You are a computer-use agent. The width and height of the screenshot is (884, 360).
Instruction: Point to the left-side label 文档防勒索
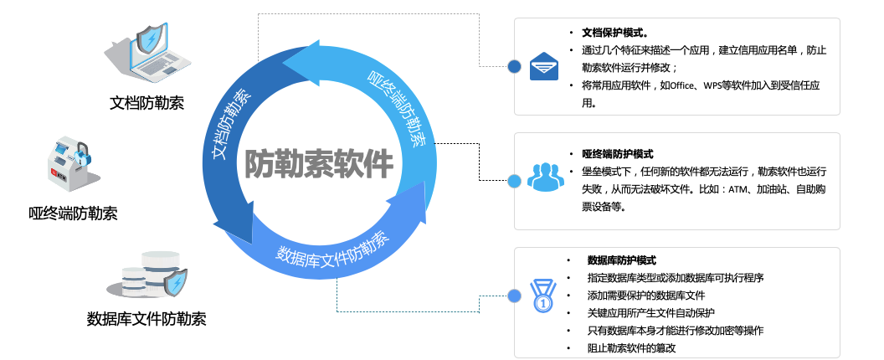(x=147, y=103)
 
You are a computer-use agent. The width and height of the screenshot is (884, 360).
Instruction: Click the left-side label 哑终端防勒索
(x=73, y=213)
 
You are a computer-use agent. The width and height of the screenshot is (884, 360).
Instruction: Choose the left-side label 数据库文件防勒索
(x=146, y=318)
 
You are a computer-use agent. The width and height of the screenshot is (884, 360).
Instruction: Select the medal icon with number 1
(x=544, y=295)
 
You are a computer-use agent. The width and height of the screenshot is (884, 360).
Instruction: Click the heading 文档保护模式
(x=616, y=33)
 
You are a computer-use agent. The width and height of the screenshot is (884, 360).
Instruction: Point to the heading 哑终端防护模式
(x=617, y=154)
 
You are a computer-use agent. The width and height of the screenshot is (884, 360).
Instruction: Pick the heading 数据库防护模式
(x=622, y=260)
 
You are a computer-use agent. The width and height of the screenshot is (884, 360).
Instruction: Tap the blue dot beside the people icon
(x=514, y=180)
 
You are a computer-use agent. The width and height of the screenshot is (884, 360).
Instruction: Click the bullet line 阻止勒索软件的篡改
(x=631, y=347)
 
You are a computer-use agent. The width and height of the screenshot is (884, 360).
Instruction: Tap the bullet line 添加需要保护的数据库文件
(x=646, y=296)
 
